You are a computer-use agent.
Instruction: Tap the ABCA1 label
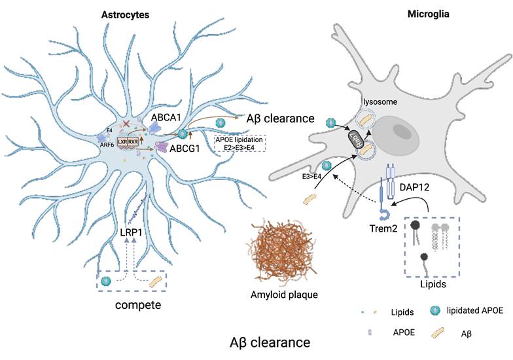168,117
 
